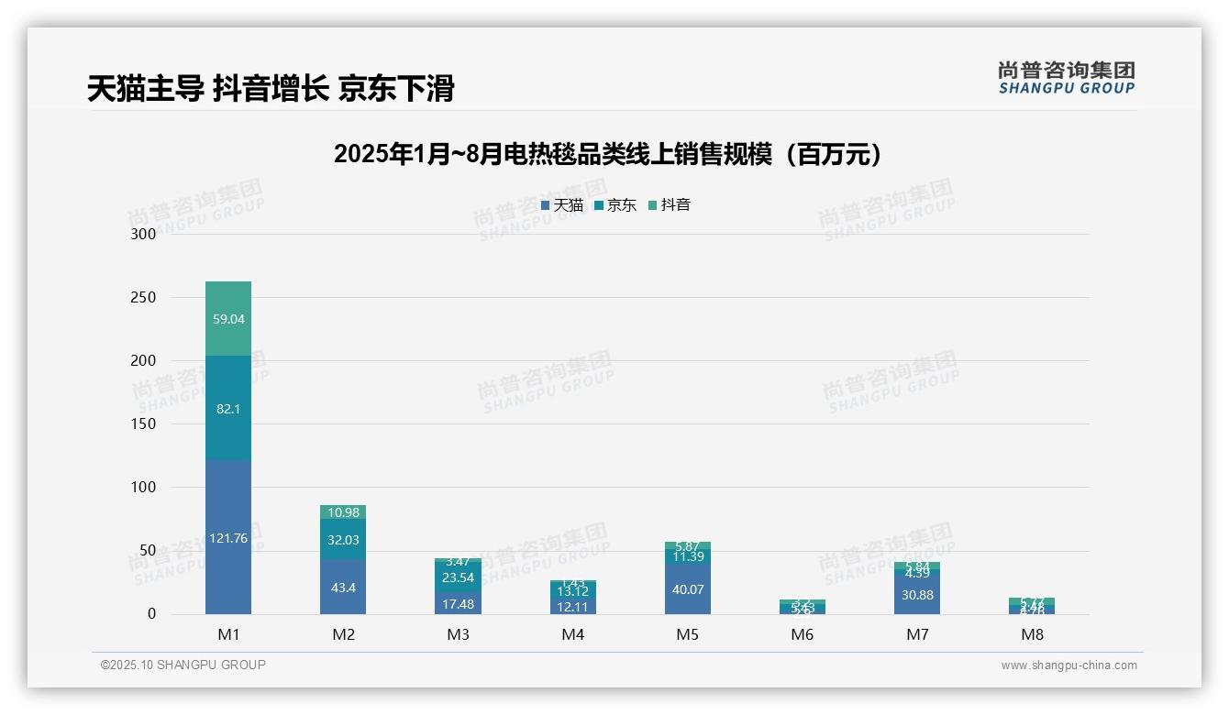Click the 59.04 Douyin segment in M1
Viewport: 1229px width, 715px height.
tap(228, 319)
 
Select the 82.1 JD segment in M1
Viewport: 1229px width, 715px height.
tap(228, 408)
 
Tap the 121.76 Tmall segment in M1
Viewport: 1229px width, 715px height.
tap(228, 538)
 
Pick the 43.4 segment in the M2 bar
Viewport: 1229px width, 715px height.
tap(343, 588)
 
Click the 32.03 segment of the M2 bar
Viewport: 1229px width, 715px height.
tap(343, 540)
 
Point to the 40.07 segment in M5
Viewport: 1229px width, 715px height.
tap(688, 589)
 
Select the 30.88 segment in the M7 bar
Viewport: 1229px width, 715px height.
tap(917, 595)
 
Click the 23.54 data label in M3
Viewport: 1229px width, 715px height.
tap(458, 577)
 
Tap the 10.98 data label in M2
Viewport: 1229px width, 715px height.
tap(343, 512)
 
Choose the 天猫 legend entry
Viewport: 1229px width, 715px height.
tap(562, 205)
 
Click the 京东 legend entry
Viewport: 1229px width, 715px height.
tap(615, 205)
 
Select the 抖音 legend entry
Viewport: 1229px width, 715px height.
tap(670, 205)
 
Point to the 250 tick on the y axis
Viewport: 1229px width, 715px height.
tap(144, 298)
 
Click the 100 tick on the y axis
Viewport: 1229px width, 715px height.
tap(144, 488)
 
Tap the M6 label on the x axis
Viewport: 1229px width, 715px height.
tap(803, 634)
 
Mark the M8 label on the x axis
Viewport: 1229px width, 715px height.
tap(1032, 634)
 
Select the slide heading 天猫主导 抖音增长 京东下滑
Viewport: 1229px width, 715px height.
tap(271, 89)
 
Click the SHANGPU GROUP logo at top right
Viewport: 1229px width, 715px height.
tap(1066, 78)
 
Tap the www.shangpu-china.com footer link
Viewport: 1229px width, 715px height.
tap(1068, 665)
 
